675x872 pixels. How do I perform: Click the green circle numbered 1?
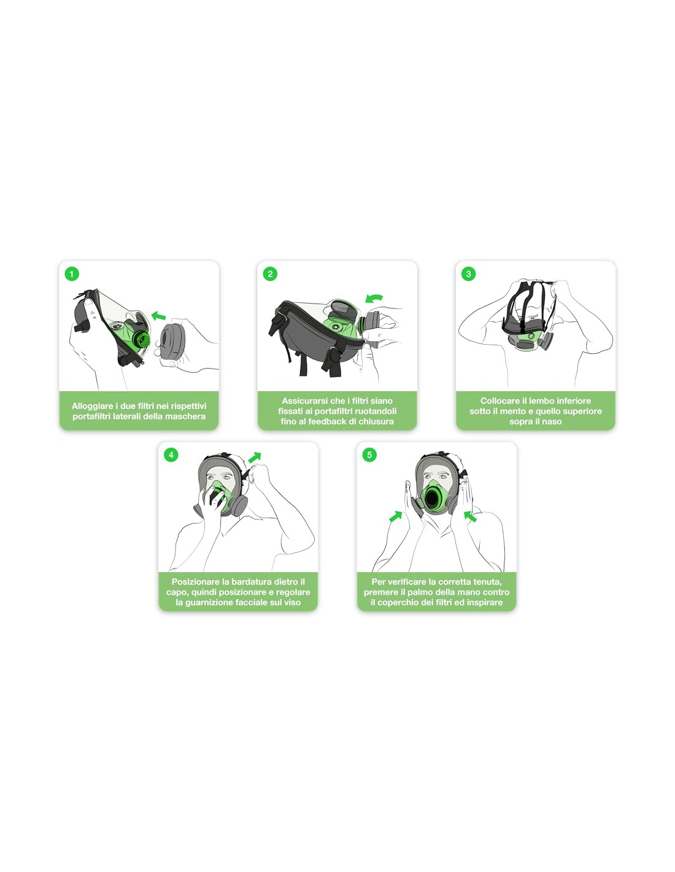coord(72,274)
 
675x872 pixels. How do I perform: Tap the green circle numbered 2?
coord(270,274)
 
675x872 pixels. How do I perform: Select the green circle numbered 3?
coord(468,274)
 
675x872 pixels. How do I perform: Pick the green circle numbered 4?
coord(171,455)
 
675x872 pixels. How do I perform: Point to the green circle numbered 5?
coord(369,455)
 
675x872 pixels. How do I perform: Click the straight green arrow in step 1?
coord(158,315)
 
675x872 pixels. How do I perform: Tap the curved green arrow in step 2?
coord(374,298)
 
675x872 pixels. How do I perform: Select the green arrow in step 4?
coord(255,457)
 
